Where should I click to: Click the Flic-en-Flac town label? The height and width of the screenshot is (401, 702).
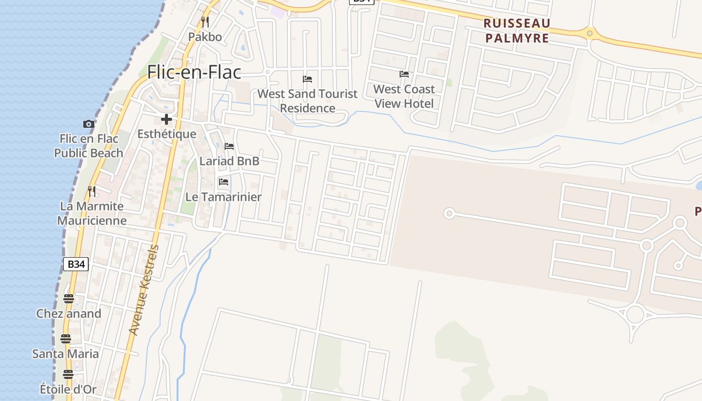click(x=194, y=72)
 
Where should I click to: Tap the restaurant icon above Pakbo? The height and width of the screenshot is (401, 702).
click(x=205, y=22)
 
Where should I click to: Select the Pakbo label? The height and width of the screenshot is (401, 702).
click(x=205, y=37)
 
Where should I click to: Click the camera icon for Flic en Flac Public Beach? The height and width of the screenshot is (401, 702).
click(x=89, y=124)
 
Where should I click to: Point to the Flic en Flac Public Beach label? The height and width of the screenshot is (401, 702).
click(x=89, y=146)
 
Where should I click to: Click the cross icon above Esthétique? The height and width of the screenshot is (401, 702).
click(x=166, y=119)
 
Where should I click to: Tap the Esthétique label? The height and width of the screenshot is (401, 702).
click(x=166, y=134)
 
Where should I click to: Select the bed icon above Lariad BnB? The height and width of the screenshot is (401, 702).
click(x=229, y=146)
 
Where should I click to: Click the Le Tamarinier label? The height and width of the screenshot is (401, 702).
click(x=224, y=197)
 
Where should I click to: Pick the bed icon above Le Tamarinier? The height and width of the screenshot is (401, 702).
click(x=224, y=182)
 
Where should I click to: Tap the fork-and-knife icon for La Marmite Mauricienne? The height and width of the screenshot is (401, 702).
click(x=92, y=191)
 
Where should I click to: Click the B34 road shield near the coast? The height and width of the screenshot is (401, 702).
click(x=76, y=264)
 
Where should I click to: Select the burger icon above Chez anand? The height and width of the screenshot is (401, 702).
click(x=69, y=299)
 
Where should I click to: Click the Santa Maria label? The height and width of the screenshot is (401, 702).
click(x=66, y=354)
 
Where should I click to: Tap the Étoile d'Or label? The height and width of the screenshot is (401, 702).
click(x=68, y=389)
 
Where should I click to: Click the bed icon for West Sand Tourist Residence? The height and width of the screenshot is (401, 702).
click(x=307, y=79)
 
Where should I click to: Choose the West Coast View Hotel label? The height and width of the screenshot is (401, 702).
click(x=404, y=96)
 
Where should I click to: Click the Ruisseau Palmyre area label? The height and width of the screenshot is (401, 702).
click(x=517, y=31)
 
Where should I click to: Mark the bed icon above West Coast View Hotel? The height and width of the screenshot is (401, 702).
click(x=404, y=74)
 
